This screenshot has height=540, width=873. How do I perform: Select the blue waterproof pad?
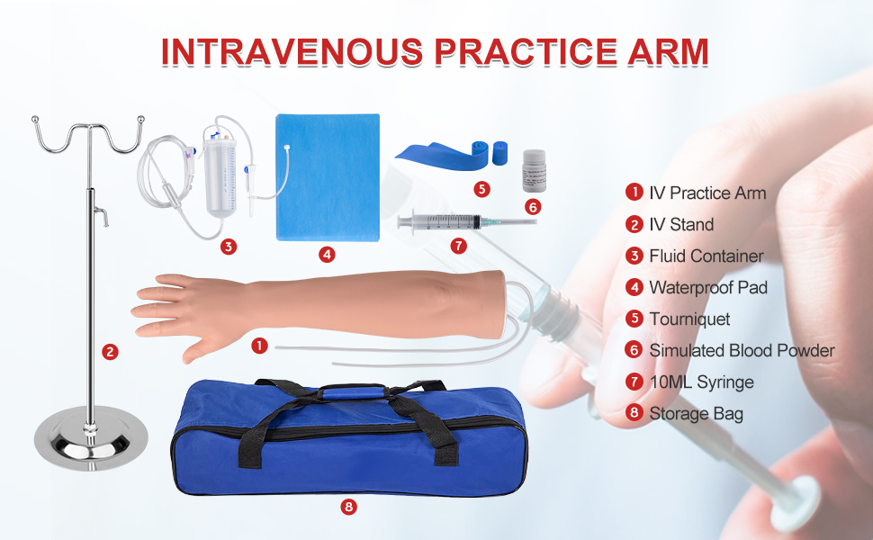coord(326,176)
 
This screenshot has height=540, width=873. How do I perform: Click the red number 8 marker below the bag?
coord(348,507)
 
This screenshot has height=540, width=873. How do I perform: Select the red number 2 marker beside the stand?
coord(110,352)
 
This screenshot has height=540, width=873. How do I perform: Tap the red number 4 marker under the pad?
coord(328,255)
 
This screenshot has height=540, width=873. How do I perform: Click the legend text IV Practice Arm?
coord(707,193)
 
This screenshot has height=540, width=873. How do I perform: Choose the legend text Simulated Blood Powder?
coord(742,350)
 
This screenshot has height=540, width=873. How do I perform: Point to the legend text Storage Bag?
coord(696,414)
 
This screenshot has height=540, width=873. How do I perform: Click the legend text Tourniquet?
coord(689,319)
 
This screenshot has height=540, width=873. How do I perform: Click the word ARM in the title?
coord(664,51)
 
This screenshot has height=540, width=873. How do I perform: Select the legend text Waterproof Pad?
coord(708,287)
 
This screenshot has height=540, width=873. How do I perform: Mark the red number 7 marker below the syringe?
coord(458,244)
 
